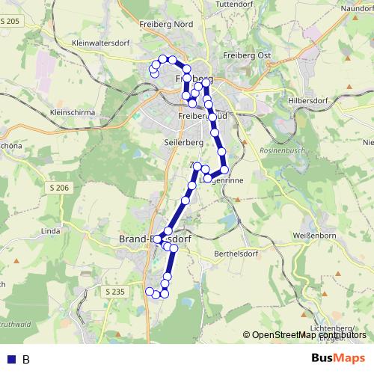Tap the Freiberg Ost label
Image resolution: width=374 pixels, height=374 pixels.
pyautogui.click(x=247, y=55)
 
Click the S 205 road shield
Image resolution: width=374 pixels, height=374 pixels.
pyautogui.click(x=10, y=22)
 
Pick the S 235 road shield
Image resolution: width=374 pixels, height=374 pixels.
pyautogui.click(x=115, y=291)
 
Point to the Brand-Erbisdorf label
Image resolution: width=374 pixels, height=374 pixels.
pyautogui.click(x=156, y=239)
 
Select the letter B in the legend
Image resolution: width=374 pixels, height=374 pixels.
pyautogui.click(x=25, y=360)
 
